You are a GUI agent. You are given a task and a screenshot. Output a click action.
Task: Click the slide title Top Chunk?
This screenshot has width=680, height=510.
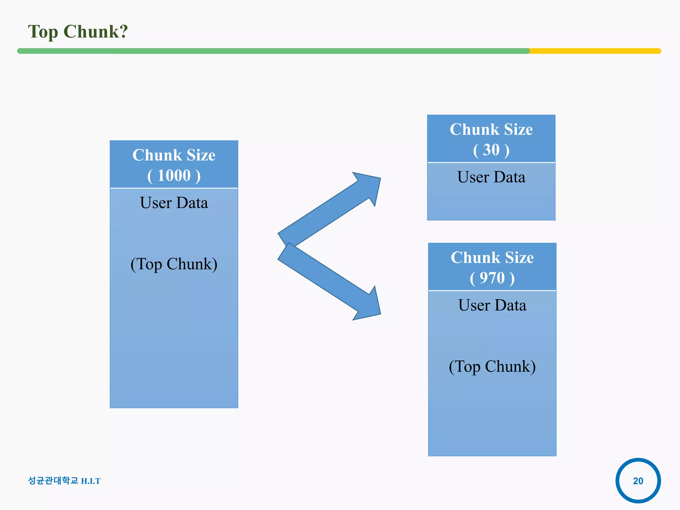coord(78,32)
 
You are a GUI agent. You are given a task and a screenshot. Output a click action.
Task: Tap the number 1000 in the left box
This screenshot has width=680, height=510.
coord(174,175)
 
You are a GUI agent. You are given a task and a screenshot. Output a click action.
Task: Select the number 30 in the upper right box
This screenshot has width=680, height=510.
coord(491,150)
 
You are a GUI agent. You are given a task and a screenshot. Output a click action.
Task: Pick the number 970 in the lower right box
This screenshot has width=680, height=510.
coord(492,278)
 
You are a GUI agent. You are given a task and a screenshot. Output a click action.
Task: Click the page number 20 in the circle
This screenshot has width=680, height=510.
coord(638,481)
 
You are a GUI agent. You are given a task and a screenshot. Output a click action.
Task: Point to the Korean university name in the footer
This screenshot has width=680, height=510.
coord(53,480)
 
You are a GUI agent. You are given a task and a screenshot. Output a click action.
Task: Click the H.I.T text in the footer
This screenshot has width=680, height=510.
coord(91,481)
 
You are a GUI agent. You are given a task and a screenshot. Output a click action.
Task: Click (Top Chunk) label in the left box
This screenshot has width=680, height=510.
coord(174,264)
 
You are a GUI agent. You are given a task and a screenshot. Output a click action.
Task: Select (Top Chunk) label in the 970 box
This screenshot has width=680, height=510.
coord(492,367)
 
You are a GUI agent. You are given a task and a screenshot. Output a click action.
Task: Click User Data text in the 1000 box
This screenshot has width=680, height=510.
coord(174,203)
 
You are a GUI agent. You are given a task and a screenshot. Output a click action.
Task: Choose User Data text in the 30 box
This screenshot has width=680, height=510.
coord(491,177)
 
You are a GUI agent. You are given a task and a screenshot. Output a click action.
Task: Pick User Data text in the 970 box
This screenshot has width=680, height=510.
coord(492,305)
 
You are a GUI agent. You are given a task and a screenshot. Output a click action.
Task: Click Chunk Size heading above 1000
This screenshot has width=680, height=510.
coord(174,155)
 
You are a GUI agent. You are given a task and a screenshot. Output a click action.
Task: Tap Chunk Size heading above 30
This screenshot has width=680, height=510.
coord(491,129)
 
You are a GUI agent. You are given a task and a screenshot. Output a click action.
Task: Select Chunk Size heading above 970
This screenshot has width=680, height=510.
coord(492,258)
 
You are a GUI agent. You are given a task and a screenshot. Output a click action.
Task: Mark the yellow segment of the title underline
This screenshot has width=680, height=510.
coord(594,51)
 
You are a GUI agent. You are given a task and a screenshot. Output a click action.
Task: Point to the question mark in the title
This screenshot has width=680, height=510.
coord(124,32)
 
